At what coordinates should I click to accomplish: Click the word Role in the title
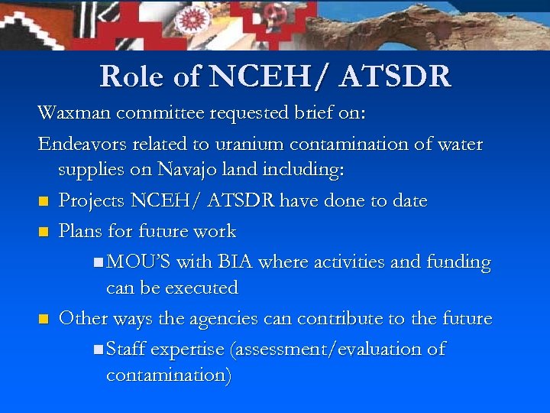pos(128,76)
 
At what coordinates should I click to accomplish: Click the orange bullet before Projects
pos(43,203)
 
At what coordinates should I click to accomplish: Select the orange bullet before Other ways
pos(43,320)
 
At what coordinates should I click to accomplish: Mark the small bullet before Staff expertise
pos(99,350)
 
